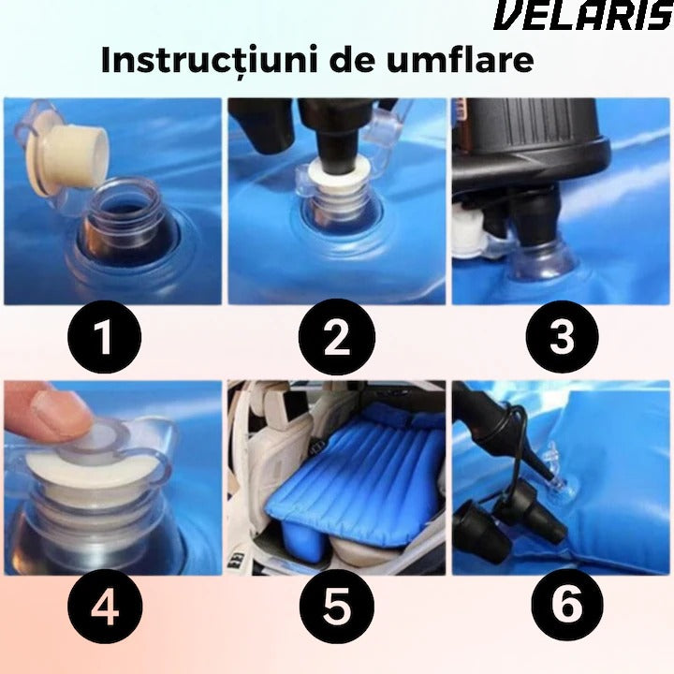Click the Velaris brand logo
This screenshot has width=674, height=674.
[x=584, y=16]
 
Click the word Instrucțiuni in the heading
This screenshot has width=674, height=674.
[x=212, y=61]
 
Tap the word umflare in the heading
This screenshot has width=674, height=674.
[x=461, y=59]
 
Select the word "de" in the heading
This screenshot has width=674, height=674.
[x=354, y=59]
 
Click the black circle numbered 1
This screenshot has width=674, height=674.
[x=105, y=337]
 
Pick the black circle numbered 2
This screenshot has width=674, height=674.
[x=337, y=337]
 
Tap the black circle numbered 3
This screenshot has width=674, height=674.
[x=562, y=337]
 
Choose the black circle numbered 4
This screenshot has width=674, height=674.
[x=105, y=607]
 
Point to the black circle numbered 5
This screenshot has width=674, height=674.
[x=337, y=607]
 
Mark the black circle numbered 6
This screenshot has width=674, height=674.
[x=567, y=607]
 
